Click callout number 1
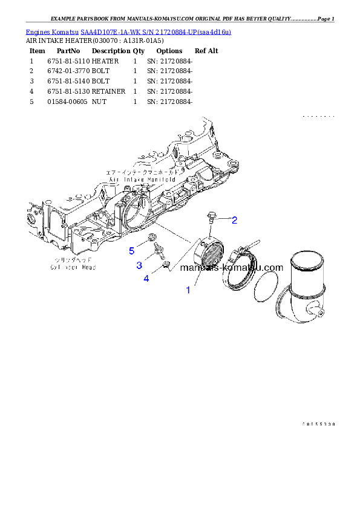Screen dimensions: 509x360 (x=188, y=290)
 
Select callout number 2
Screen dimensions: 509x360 (x=234, y=219)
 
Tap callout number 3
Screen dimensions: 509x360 (x=139, y=265)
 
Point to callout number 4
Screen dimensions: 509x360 (x=146, y=278)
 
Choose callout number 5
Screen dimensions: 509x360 (x=131, y=250)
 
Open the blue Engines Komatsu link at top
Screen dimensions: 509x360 (x=128, y=31)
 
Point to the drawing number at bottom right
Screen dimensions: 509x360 (x=318, y=424)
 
